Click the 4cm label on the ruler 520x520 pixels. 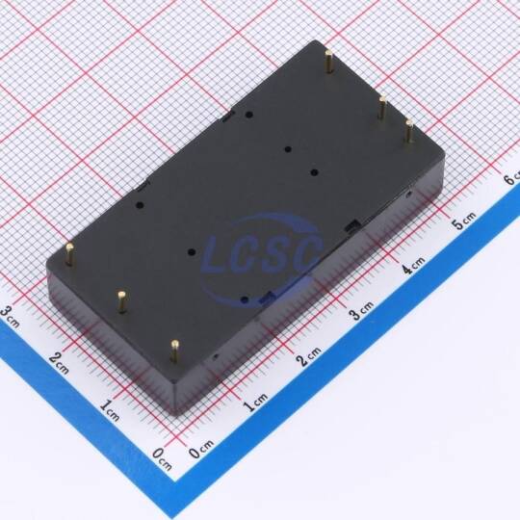click(x=414, y=265)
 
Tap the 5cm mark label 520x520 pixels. click(x=464, y=220)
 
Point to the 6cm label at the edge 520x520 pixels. click(x=511, y=178)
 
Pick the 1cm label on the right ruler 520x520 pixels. click(x=256, y=402)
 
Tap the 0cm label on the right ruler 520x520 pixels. click(x=201, y=449)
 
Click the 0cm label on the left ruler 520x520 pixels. click(x=163, y=458)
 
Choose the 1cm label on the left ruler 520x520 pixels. click(x=110, y=410)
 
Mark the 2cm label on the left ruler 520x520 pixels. click(x=60, y=363)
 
